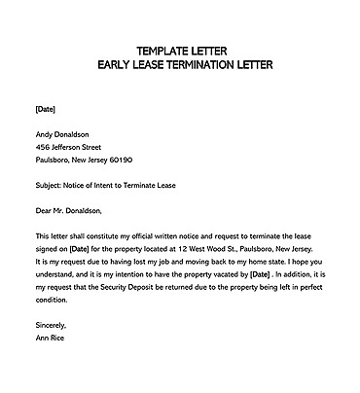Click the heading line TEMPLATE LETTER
tap(182, 50)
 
